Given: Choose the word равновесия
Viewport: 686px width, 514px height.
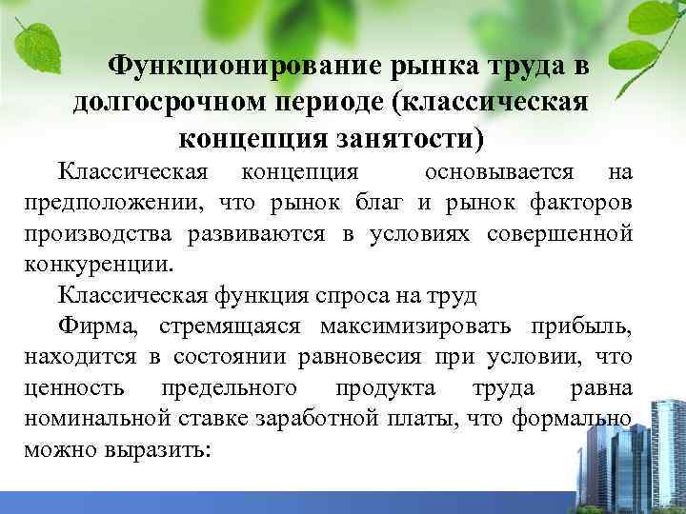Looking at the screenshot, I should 330,358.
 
